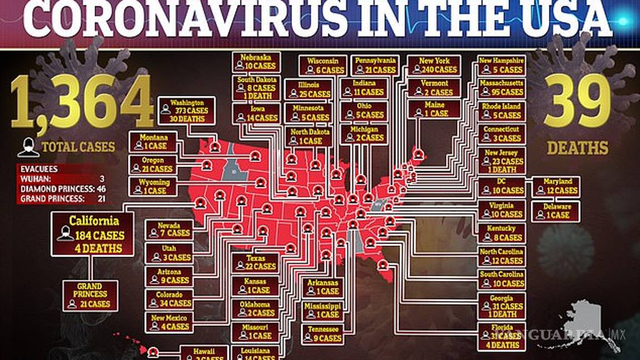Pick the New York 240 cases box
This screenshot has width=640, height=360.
(434, 65)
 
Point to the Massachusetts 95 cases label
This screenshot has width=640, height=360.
(502, 87)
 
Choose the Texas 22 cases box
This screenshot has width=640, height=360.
(255, 262)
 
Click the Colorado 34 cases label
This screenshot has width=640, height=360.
(169, 299)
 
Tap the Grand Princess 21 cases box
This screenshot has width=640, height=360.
(90, 296)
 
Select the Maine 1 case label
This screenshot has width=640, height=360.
(434, 109)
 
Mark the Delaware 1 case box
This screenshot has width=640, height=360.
(556, 211)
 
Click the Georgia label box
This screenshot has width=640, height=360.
(502, 306)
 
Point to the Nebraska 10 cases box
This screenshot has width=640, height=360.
(256, 62)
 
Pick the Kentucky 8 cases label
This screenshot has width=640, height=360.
(502, 233)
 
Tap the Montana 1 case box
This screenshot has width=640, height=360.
(153, 141)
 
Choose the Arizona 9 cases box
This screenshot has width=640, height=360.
(169, 276)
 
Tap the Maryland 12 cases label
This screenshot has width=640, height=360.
(556, 186)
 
